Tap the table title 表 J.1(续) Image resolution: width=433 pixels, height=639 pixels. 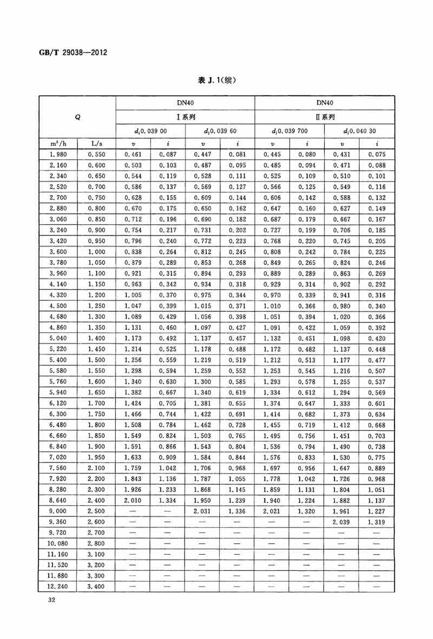(x=216, y=80)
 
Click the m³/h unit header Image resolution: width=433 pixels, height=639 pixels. (x=58, y=143)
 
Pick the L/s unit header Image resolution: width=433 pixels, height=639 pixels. (x=96, y=143)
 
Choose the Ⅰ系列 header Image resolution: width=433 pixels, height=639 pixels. (x=185, y=117)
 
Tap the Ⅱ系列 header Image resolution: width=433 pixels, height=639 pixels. (x=325, y=117)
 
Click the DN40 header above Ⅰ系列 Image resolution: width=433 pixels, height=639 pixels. (x=185, y=102)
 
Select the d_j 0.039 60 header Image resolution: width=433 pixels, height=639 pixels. (x=220, y=131)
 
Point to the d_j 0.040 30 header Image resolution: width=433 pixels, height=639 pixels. (x=359, y=131)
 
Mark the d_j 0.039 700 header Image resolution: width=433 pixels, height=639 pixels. (x=290, y=131)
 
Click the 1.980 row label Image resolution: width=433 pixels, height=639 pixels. (x=58, y=154)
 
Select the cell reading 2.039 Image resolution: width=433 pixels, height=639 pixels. (x=342, y=522)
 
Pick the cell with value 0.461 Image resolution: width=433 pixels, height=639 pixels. (x=133, y=154)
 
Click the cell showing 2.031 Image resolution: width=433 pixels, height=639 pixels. (x=202, y=511)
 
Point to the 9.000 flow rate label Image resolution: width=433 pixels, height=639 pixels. (x=58, y=511)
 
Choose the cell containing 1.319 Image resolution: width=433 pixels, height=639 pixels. (x=377, y=522)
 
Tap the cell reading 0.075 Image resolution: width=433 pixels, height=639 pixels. (x=377, y=154)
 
